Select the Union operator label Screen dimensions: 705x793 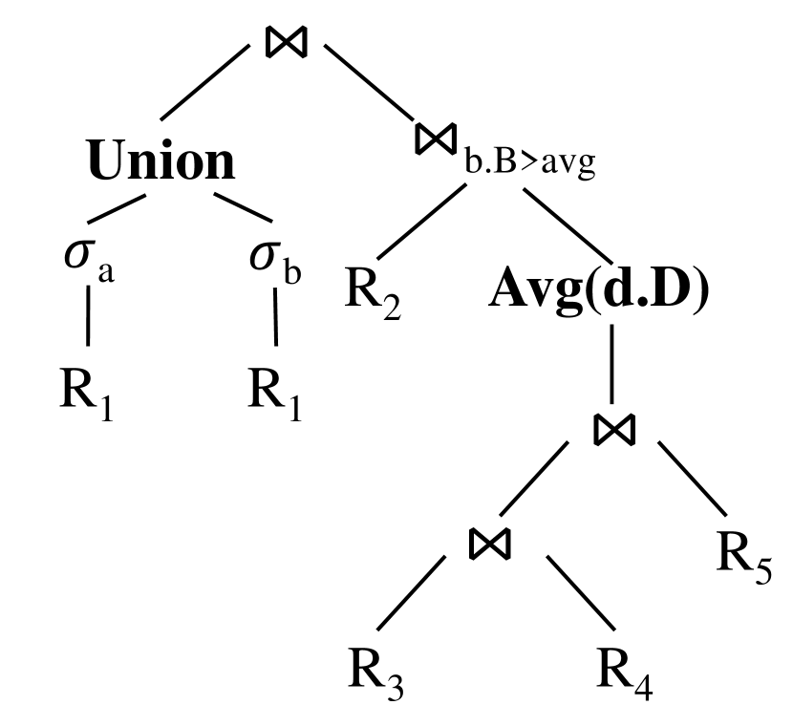tap(161, 161)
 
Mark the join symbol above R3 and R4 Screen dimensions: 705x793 tap(490, 543)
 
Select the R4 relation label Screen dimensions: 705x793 tap(626, 673)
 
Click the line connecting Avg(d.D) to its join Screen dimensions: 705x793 tap(611, 364)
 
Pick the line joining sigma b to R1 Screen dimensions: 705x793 tap(277, 315)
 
